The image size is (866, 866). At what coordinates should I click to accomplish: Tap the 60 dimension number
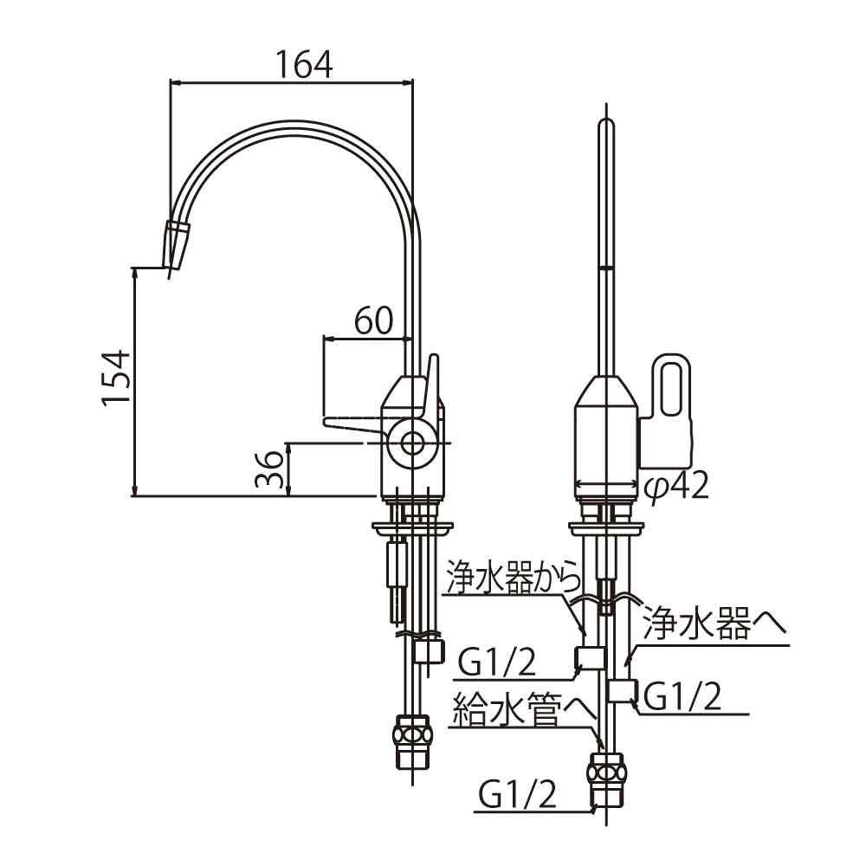click(374, 322)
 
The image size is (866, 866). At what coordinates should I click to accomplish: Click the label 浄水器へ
click(713, 624)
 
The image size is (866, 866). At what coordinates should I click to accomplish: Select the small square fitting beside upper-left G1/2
click(591, 658)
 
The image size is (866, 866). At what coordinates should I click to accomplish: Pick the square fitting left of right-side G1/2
click(620, 691)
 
